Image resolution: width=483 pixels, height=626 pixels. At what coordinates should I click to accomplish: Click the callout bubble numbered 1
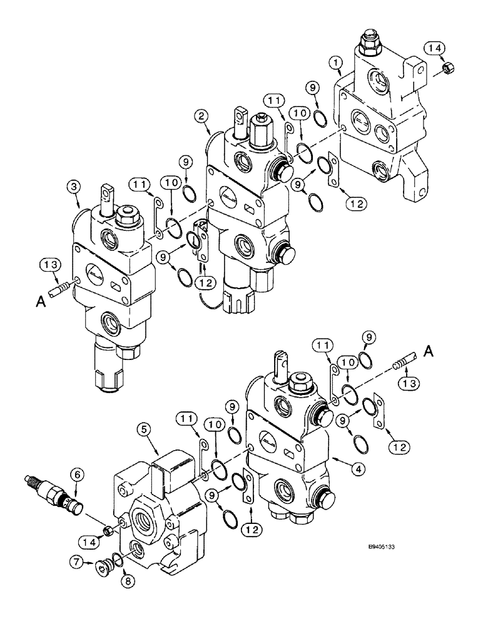[x=337, y=63]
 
